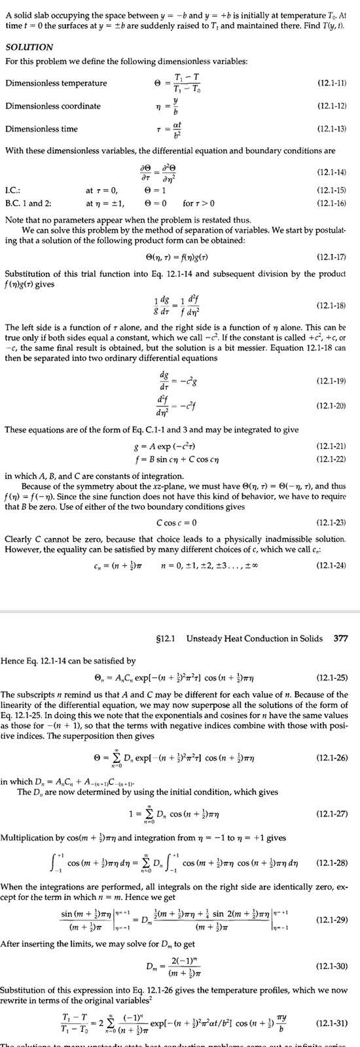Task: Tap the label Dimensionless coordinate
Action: [44, 106]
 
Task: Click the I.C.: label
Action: [12, 190]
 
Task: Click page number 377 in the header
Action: [340, 638]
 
